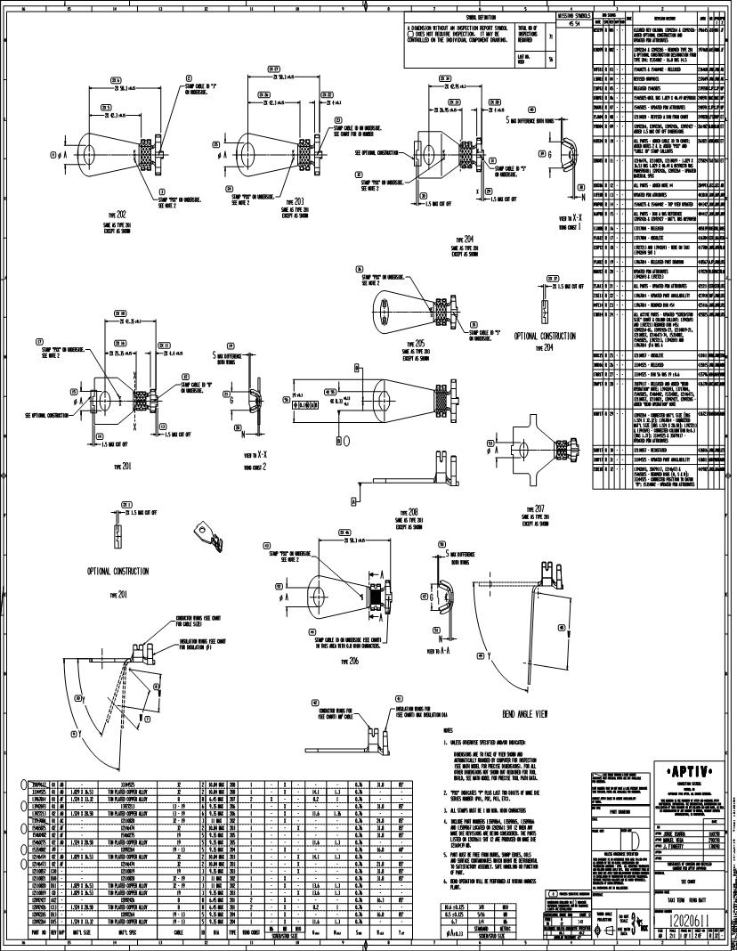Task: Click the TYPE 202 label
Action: (115, 214)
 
